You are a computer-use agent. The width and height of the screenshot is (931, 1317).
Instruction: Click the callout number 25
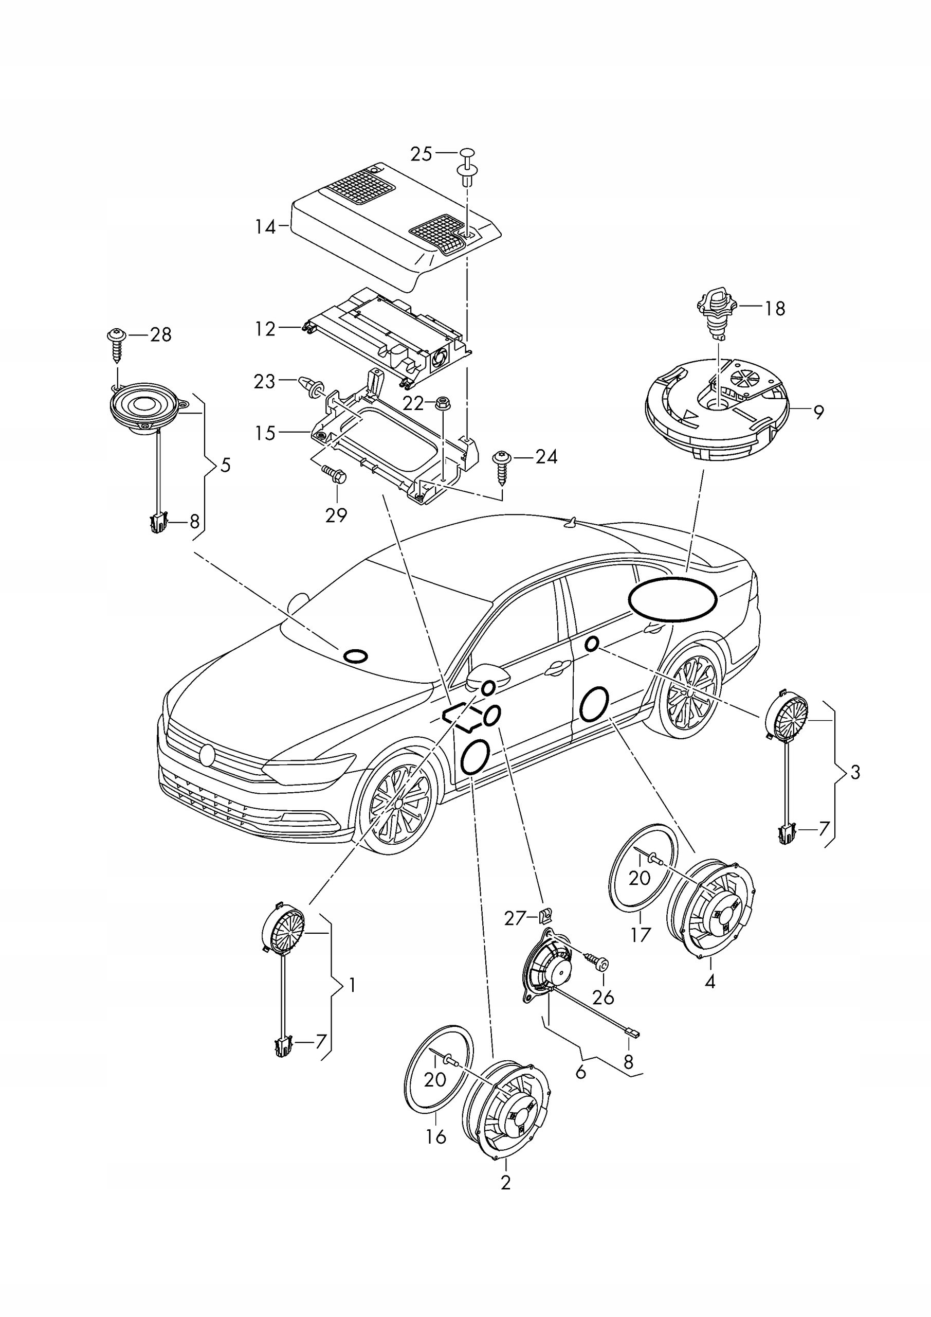click(x=422, y=154)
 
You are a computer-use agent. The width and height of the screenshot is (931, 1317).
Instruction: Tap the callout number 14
click(x=265, y=227)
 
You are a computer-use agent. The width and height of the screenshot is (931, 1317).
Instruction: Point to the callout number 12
click(x=265, y=329)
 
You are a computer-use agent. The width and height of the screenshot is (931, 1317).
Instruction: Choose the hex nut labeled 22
click(x=443, y=404)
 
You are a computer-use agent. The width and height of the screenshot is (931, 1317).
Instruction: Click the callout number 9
click(x=818, y=412)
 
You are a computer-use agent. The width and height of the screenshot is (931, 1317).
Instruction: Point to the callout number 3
click(x=855, y=772)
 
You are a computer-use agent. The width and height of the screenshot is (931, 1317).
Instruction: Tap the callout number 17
click(x=641, y=934)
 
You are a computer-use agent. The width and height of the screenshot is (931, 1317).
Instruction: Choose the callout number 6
click(x=580, y=1071)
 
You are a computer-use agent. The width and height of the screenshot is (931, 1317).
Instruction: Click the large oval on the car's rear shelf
click(x=672, y=599)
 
